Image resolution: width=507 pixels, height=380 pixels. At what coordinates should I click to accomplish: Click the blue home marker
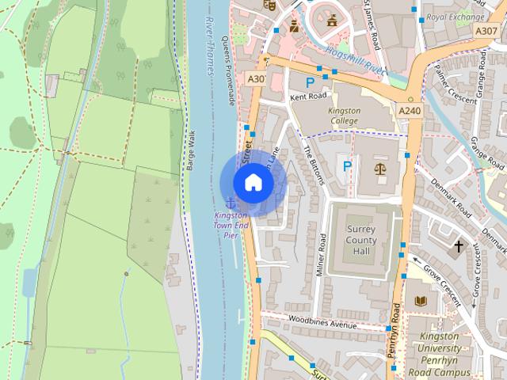point(252,183)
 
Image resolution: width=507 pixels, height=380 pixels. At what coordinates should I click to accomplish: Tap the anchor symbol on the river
point(231,202)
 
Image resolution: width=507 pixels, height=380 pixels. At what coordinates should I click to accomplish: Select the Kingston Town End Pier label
point(231,225)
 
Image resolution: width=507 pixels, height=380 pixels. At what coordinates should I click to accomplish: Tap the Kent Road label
point(308,96)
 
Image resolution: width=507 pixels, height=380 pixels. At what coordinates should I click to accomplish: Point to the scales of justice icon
point(379,169)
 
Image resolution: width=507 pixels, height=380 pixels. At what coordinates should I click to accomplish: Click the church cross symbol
point(458,247)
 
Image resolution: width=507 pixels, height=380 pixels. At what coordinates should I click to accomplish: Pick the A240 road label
point(410,110)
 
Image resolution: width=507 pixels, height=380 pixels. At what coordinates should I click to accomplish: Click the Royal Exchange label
point(454,17)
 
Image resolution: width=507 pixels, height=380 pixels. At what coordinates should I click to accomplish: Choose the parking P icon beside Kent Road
point(311,82)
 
